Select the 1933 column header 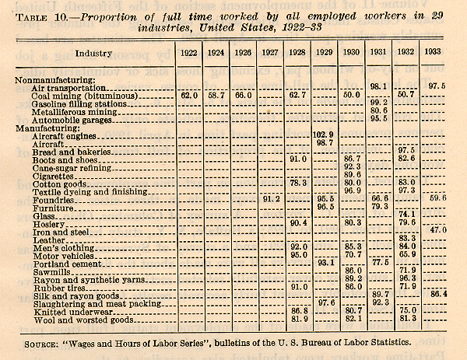click(436, 54)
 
